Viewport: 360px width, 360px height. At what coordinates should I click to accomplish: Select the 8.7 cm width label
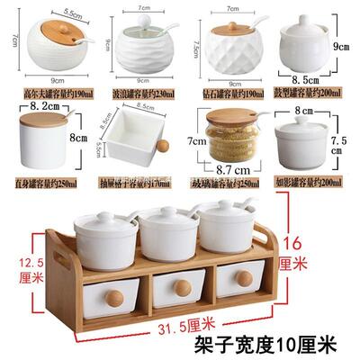233,170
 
